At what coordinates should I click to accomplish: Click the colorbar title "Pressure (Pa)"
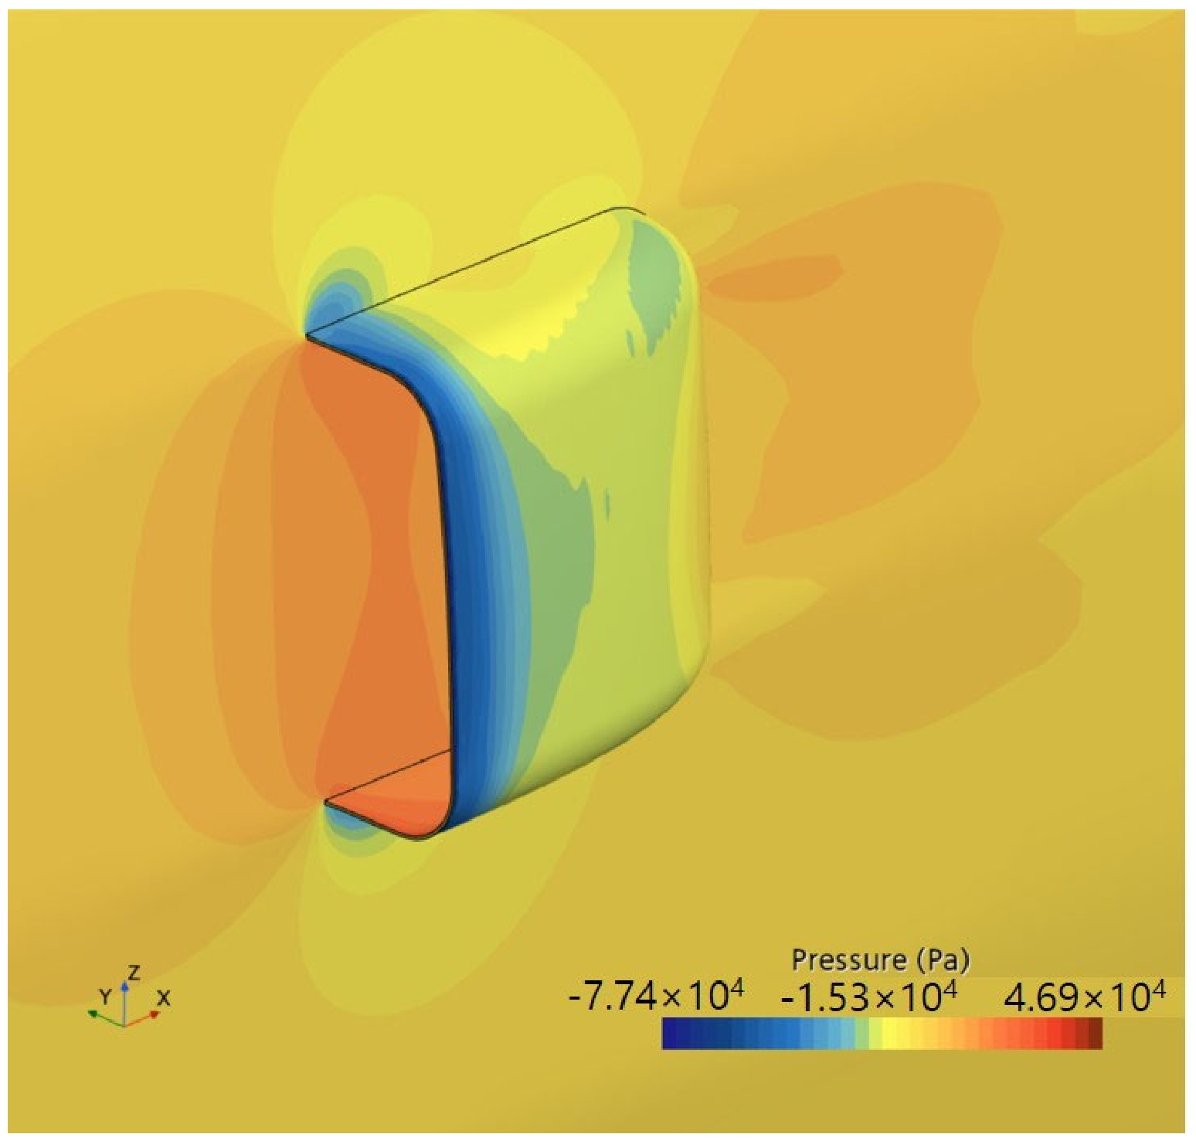[x=881, y=960]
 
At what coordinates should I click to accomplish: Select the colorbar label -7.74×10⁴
[x=656, y=997]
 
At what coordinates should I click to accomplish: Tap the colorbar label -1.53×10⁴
[x=869, y=997]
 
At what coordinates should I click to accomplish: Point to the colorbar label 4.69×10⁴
[x=1084, y=997]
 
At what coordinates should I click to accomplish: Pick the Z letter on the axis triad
[x=134, y=973]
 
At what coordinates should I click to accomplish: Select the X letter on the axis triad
[x=163, y=998]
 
